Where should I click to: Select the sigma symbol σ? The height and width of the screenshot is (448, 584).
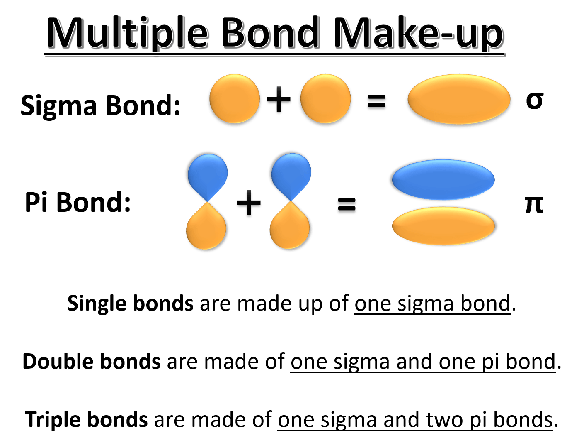pos(534,100)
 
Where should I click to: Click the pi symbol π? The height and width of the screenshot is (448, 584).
pos(534,204)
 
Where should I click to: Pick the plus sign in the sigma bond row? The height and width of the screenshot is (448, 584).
pos(279,100)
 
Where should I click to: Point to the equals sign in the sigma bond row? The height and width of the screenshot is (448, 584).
pos(377,102)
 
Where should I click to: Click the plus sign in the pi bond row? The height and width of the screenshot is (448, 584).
pos(249,204)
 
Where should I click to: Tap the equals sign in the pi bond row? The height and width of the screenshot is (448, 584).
pos(347,205)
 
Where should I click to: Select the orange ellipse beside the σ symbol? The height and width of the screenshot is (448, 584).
pos(458,100)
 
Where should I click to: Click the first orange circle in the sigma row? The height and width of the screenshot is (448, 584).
pos(234,100)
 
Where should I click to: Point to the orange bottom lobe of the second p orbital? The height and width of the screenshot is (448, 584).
pos(291,228)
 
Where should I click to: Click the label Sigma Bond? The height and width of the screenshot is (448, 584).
pos(101,105)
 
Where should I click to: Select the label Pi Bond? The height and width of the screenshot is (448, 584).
pos(78,203)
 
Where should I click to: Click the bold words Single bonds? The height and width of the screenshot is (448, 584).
pos(130,304)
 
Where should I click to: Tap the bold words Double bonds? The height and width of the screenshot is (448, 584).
pos(92,362)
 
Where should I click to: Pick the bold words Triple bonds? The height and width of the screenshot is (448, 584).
pos(87,420)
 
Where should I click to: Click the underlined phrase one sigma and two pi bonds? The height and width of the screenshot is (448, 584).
pos(415,420)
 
